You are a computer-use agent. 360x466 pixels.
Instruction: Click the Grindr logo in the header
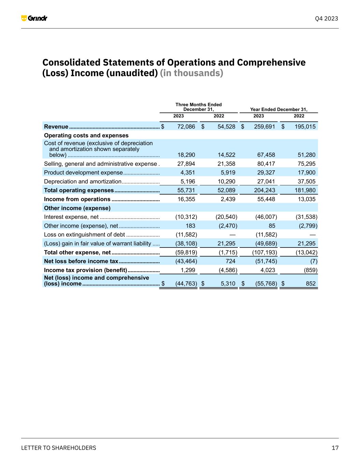pyautogui.click(x=34, y=18)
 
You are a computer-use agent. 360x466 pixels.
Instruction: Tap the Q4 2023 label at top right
pyautogui.click(x=326, y=18)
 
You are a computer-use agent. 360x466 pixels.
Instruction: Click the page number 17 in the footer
pyautogui.click(x=335, y=448)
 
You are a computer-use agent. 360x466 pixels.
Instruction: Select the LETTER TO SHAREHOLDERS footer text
pyautogui.click(x=59, y=448)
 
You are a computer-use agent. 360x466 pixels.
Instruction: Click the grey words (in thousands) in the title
pyautogui.click(x=191, y=73)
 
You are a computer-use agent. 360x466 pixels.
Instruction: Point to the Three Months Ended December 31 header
pyautogui.click(x=198, y=107)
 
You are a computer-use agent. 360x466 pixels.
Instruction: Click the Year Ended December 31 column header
pyautogui.click(x=278, y=109)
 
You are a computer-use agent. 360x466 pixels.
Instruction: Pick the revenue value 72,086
pyautogui.click(x=186, y=127)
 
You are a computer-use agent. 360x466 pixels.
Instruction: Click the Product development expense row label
pyautogui.click(x=83, y=173)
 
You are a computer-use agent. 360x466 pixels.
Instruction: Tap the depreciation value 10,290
pyautogui.click(x=226, y=182)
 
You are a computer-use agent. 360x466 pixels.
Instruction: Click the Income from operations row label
pyautogui.click(x=77, y=199)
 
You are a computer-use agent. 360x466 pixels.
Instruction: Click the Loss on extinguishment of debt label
pyautogui.click(x=84, y=235)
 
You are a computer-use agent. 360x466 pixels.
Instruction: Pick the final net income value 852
pyautogui.click(x=311, y=284)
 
